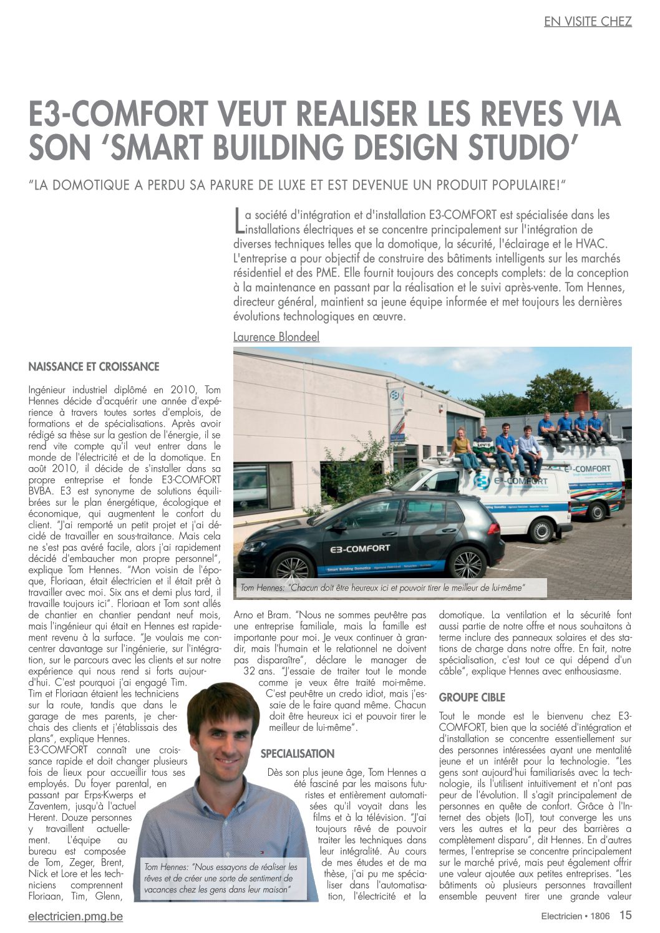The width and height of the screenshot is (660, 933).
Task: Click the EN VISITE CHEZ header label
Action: tap(588, 22)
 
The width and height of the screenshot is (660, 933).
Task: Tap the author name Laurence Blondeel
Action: tap(276, 337)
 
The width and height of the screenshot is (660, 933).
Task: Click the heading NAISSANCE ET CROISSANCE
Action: tap(94, 367)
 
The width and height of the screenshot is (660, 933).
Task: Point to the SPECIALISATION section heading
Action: tap(298, 753)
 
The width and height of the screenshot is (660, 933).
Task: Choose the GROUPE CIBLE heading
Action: tap(472, 697)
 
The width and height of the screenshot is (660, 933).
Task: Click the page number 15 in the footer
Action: tap(625, 915)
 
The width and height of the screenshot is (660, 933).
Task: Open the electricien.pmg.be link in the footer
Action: tap(75, 916)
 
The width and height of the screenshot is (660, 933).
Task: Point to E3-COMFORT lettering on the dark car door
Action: tap(361, 549)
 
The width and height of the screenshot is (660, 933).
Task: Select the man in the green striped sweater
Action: tap(483, 446)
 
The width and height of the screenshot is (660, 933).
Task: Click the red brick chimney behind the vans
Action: tap(581, 402)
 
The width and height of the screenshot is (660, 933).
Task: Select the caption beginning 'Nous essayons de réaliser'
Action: tap(221, 878)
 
